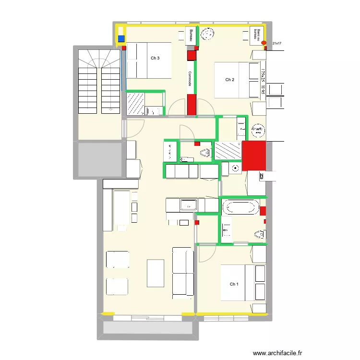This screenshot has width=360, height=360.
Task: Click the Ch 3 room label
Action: [155, 59]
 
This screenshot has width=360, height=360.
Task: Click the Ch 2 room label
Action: [230, 80]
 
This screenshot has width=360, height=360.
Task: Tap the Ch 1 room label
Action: [234, 284]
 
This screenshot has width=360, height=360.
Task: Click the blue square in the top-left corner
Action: [121, 39]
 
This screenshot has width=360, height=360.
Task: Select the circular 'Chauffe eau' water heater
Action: [257, 130]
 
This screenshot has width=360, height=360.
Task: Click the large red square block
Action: [254, 156]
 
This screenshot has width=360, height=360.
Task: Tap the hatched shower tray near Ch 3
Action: [136, 103]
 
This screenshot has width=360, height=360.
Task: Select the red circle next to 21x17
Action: [264, 43]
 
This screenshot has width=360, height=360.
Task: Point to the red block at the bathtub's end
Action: [263, 210]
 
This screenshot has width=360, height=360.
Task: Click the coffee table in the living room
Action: [156, 273]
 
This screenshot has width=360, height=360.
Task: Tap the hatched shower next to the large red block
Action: [228, 150]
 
